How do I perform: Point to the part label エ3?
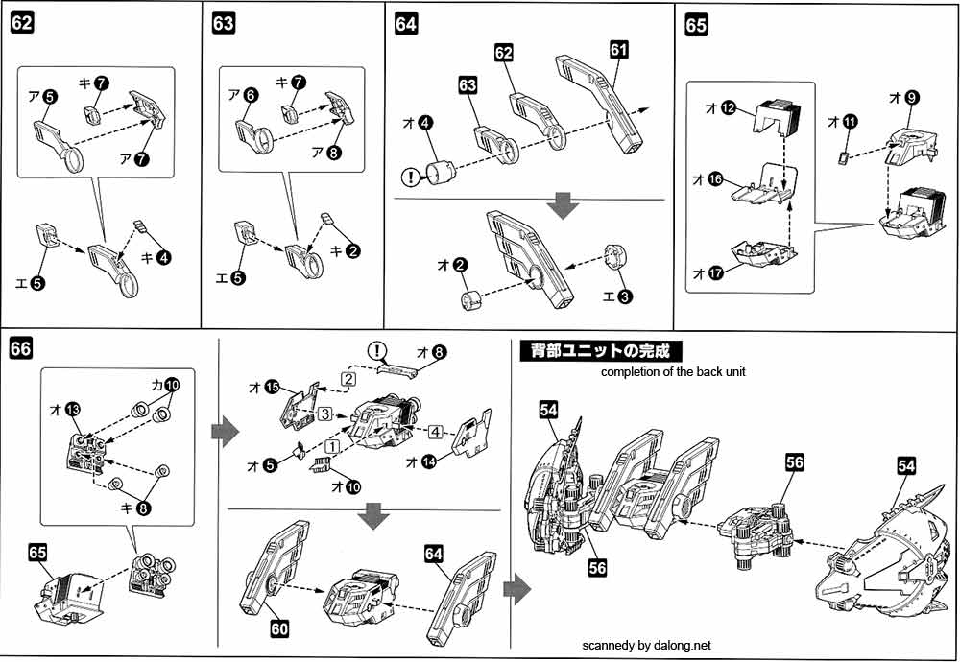point(618,296)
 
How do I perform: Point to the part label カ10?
point(165,385)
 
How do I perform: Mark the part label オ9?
point(903,97)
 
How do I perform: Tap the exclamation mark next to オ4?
point(412,177)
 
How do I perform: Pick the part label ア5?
point(40,96)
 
